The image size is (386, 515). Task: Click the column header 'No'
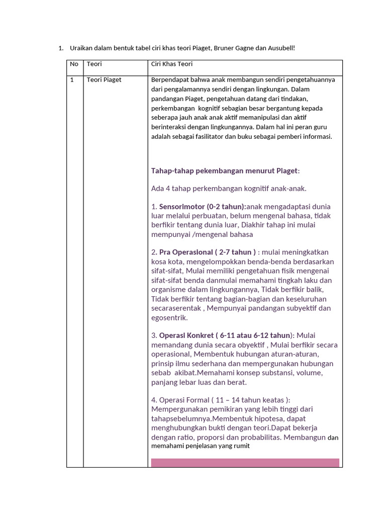point(74,64)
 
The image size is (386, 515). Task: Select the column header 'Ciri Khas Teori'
point(172,64)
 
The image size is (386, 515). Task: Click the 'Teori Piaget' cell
point(104,80)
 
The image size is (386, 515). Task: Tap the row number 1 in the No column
point(72,80)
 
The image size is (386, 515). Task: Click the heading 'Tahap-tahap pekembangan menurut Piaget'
point(224,170)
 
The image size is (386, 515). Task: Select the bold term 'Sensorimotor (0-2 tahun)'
point(203,207)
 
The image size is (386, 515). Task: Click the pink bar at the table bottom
point(245,463)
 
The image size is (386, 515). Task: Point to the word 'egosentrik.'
point(169,318)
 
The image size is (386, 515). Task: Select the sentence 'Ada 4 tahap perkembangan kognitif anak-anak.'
point(229,189)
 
